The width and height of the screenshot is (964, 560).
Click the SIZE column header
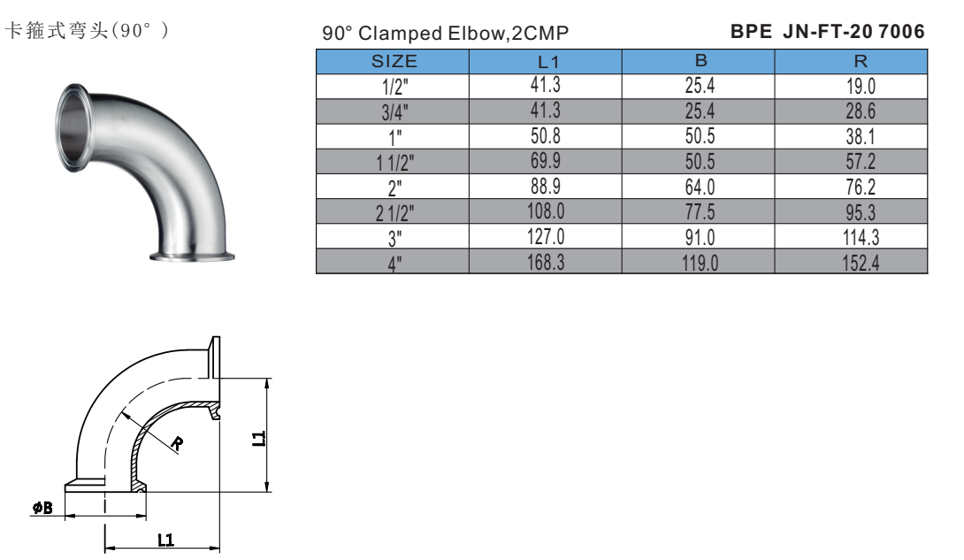[394, 61]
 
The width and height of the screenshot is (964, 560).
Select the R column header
[861, 61]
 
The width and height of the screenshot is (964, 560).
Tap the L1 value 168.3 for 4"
[546, 263]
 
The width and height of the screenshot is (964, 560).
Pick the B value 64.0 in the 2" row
[700, 187]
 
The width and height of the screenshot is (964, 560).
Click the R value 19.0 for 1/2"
[861, 86]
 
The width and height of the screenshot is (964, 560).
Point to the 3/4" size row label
[394, 112]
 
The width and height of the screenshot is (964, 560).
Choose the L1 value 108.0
[546, 211]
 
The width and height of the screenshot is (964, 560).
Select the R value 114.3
[861, 237]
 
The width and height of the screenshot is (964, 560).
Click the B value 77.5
[700, 212]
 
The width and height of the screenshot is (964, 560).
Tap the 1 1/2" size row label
[394, 163]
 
